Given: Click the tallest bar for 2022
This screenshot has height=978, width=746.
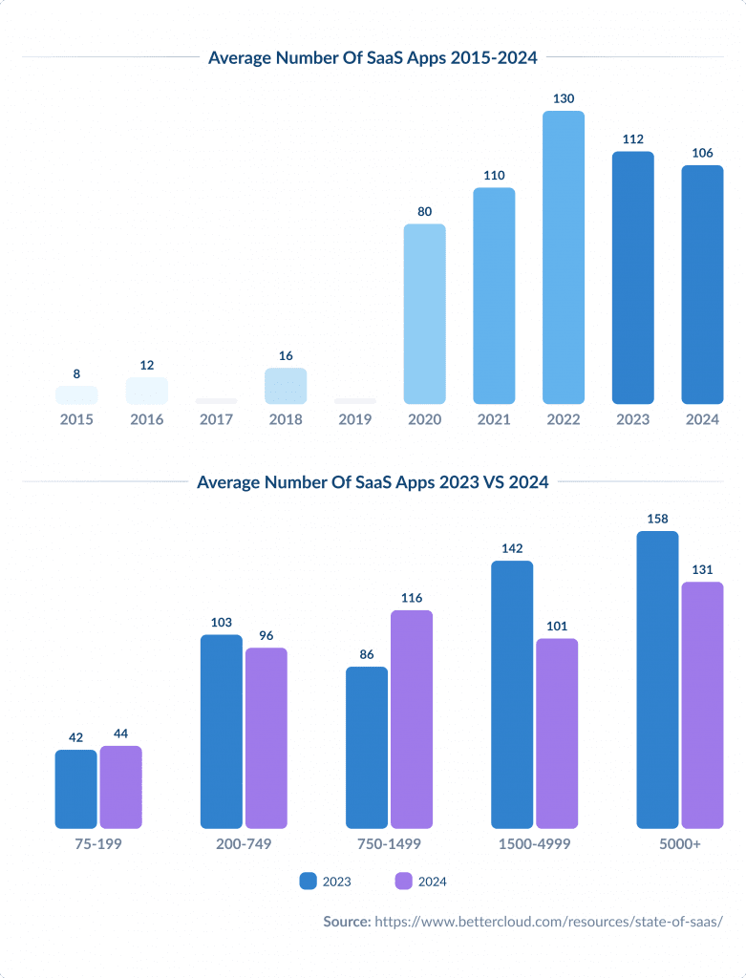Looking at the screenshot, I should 563,257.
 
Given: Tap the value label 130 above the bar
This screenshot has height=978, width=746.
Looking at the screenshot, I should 563,98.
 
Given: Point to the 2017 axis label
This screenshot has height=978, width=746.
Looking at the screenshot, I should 216,419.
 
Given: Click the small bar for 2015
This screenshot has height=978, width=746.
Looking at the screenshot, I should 76,394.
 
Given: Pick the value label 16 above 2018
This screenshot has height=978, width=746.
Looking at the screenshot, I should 286,355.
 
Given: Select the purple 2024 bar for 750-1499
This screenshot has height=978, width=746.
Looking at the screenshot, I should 412,718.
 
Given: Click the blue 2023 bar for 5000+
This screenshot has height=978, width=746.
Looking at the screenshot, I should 657,679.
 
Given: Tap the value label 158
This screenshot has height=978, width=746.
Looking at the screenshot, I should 657,520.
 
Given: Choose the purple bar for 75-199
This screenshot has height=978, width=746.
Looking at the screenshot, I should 121,787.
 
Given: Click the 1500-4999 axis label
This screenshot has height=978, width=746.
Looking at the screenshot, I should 534,844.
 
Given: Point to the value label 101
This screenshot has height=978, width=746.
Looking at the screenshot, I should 557,627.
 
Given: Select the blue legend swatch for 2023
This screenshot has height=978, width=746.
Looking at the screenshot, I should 309,881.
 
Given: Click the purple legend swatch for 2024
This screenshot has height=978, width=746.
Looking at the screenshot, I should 402,881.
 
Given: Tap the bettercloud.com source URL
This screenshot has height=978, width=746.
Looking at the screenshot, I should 548,922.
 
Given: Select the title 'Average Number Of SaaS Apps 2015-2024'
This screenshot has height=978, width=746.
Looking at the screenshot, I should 373,57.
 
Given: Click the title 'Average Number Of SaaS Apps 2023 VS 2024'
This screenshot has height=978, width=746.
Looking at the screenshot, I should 373,482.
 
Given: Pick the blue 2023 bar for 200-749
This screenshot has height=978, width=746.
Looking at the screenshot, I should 221,731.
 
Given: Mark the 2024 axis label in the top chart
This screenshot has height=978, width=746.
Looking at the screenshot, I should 702,419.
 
